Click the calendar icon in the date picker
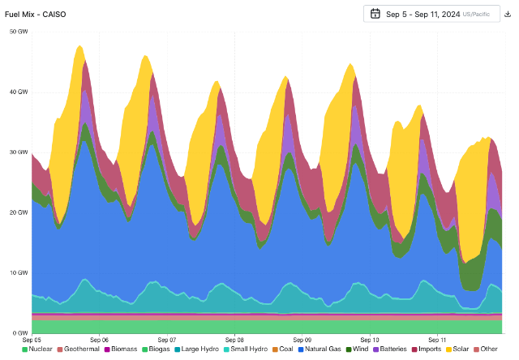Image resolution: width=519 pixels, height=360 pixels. click(x=375, y=14)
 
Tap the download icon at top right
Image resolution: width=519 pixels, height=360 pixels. click(x=507, y=14)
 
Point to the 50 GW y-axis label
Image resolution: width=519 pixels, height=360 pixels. click(x=18, y=31)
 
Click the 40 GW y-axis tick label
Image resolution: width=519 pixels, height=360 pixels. click(x=18, y=92)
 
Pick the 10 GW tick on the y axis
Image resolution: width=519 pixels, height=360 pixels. click(x=18, y=272)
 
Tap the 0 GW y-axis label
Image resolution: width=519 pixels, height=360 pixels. click(x=19, y=333)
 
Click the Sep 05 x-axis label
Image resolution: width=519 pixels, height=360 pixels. click(x=32, y=340)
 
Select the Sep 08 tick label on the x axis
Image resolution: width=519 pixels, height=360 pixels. click(x=234, y=340)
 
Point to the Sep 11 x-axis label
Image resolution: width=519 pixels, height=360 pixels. click(x=437, y=340)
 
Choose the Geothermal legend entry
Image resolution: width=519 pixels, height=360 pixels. click(x=80, y=349)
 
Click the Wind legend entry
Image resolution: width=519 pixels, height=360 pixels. click(x=359, y=349)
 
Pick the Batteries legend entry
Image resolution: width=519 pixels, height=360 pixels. click(x=392, y=349)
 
